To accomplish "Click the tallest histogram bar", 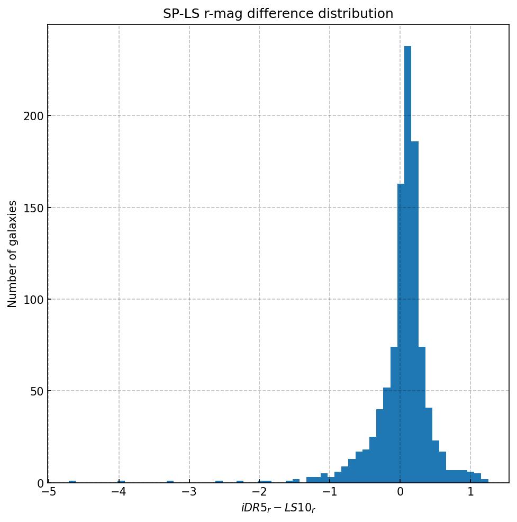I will [x=407, y=265].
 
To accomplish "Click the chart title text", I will [x=278, y=14].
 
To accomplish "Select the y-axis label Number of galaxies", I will [x=13, y=254].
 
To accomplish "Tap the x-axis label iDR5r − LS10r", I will [x=278, y=508].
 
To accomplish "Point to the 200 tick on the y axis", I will [x=33, y=116].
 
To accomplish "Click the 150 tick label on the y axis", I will [x=33, y=208].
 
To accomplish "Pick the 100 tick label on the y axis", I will [x=33, y=300].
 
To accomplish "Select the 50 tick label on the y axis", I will [x=36, y=391].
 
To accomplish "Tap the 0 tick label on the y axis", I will [x=39, y=483].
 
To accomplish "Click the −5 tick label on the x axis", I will [x=49, y=492].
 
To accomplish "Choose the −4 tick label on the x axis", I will [x=119, y=492].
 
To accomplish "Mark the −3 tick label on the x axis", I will [x=189, y=492].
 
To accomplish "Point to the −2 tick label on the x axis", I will [x=259, y=492].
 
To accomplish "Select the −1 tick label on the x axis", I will [x=329, y=492].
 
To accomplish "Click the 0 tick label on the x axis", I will [x=400, y=492].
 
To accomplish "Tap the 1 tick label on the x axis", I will [x=470, y=492].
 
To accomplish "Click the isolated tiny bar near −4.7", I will [x=72, y=482].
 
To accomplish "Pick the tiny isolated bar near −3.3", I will [x=170, y=482].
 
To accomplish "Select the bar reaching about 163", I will [x=401, y=334].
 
